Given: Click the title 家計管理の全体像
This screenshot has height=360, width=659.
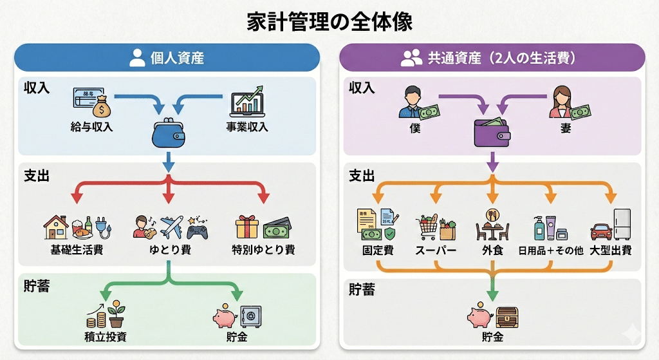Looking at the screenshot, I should click(x=329, y=21).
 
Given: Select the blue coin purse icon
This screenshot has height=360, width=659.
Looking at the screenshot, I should click(x=168, y=133).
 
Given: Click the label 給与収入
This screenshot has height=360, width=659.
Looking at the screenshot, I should click(x=93, y=127).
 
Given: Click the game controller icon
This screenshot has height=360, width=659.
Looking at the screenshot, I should click(x=197, y=229).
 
